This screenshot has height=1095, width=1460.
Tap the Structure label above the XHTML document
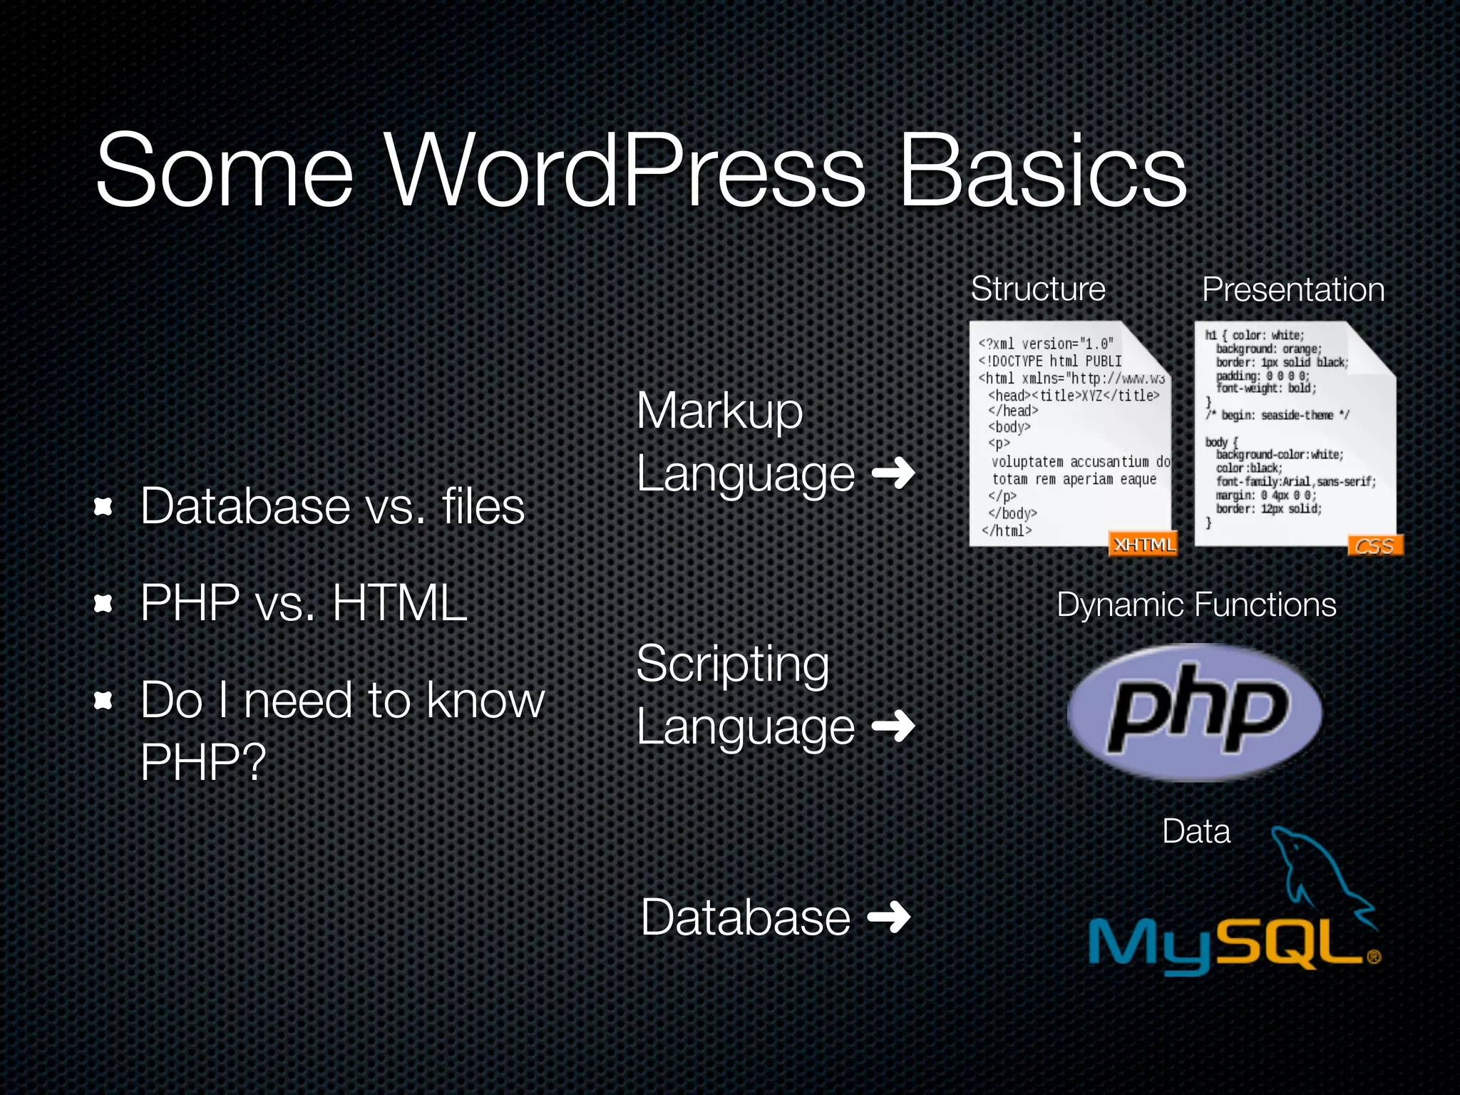tap(1038, 289)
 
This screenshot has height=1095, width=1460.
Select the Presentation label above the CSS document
tap(1293, 289)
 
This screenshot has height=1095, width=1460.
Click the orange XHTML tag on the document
tap(1143, 545)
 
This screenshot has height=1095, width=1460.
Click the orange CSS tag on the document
tap(1374, 546)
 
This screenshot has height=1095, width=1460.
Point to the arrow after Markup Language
tap(894, 473)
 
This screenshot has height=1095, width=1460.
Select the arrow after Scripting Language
tap(894, 726)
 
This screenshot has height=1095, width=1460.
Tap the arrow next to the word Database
tap(889, 917)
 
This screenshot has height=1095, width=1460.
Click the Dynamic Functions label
tap(1196, 605)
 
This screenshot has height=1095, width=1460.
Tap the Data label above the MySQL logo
tap(1196, 831)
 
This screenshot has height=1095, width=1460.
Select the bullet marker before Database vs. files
tap(104, 507)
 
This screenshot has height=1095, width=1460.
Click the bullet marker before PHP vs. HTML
tap(104, 605)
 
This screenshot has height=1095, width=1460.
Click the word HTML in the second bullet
tap(399, 603)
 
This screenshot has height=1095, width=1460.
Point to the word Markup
tap(719, 411)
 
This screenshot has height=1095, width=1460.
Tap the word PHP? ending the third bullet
tap(203, 762)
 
